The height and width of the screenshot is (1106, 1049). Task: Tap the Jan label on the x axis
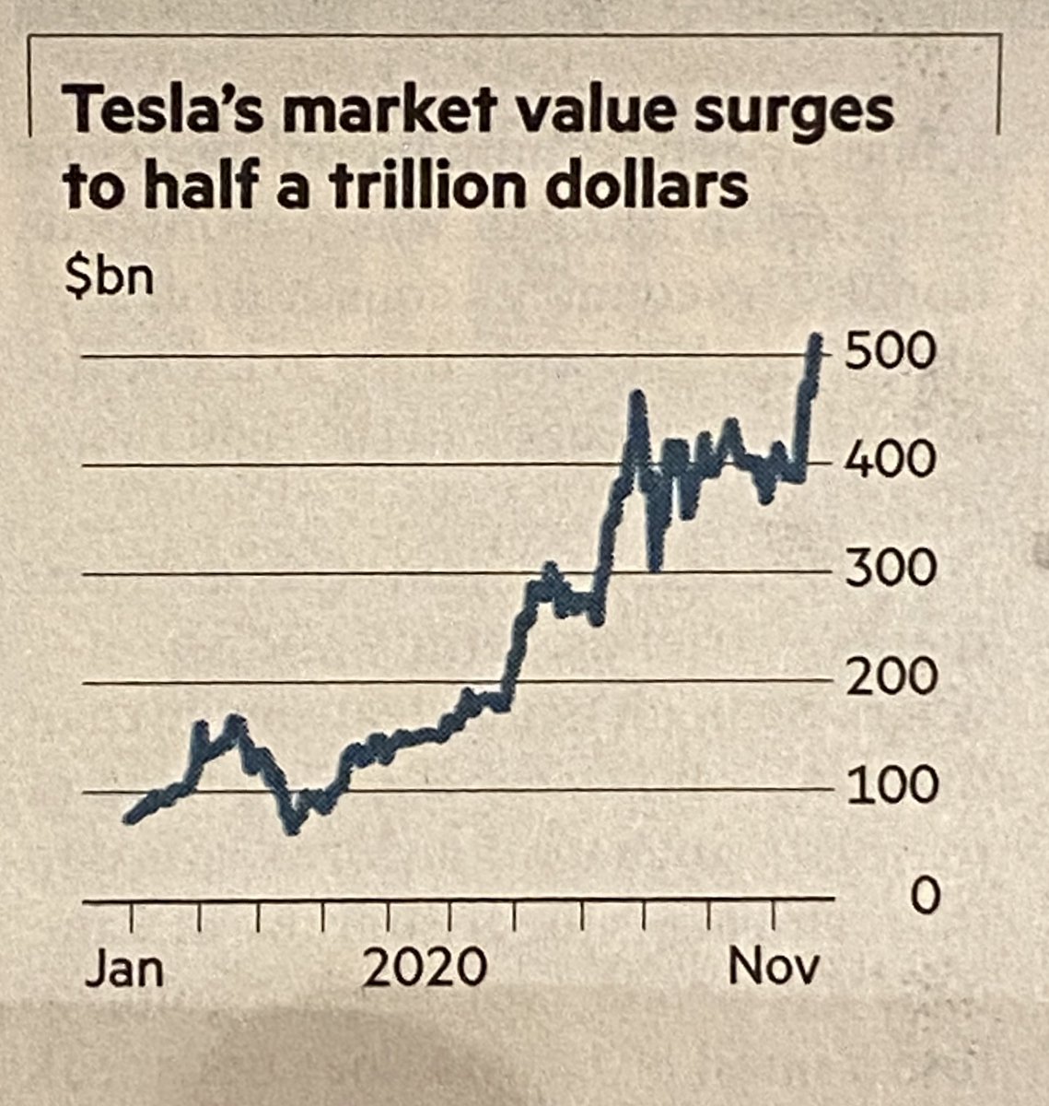tap(124, 970)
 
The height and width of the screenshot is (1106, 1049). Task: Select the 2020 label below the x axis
tap(424, 970)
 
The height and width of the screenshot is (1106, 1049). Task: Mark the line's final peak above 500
tap(815, 339)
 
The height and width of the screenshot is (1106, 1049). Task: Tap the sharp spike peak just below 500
tap(635, 396)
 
